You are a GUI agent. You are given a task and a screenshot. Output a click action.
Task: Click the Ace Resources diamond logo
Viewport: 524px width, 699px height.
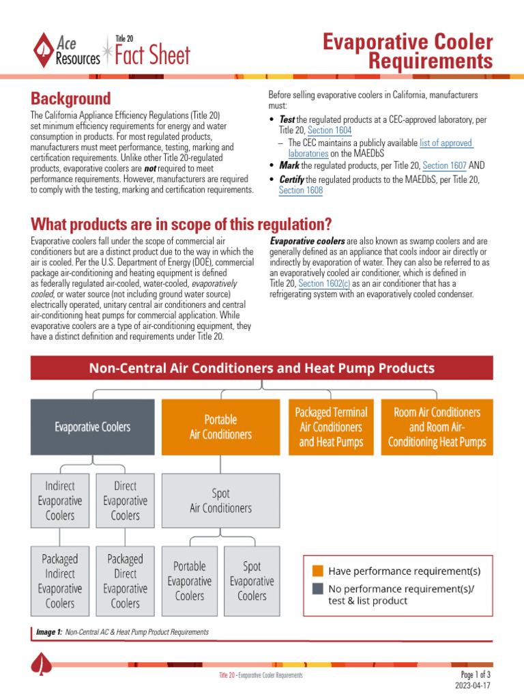coord(44,50)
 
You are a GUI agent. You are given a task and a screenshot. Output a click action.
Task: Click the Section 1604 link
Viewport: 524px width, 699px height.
coord(330,130)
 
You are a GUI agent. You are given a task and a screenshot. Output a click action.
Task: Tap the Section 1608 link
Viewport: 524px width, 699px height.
coord(301,191)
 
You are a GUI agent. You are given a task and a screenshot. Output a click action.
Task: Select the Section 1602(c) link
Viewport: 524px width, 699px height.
coord(324,283)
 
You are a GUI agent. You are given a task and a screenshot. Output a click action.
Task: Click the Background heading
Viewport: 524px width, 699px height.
coord(71,98)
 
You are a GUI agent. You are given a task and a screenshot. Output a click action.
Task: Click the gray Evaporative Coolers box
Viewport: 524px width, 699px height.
coord(93,427)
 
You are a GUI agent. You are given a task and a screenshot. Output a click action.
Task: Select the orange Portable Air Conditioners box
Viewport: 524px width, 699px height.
coord(220,427)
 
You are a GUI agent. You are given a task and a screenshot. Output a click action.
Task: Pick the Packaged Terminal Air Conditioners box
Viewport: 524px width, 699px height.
coord(331,427)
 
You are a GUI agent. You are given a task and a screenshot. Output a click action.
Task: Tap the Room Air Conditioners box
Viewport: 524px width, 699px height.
coord(437,427)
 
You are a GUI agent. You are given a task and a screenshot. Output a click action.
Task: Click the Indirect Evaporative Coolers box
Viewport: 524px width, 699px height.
coord(60,500)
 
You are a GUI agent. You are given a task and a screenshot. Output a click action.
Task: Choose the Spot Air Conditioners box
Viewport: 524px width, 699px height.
coord(220,500)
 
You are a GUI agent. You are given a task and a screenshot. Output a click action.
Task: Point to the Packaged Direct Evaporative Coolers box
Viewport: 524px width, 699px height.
coord(126,581)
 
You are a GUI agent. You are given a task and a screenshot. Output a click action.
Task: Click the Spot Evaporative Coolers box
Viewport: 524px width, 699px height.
coord(252,581)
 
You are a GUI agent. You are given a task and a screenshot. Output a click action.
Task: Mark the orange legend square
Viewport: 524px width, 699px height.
coord(318,570)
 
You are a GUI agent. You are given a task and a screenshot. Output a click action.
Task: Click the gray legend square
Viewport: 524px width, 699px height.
coord(318,588)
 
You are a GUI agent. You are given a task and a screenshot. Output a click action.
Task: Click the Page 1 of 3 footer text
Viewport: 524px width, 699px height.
coord(476,674)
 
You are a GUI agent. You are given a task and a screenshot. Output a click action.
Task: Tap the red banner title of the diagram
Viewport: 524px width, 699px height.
coord(261,369)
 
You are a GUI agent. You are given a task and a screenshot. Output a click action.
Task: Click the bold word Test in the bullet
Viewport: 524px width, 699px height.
coord(287,120)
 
